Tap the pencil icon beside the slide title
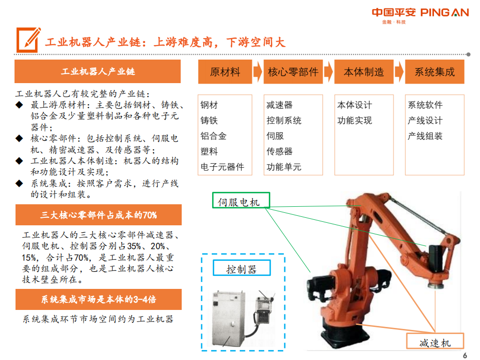[28, 40]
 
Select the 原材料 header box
[225, 72]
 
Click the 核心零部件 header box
[293, 72]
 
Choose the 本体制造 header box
[363, 72]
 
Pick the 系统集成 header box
[434, 72]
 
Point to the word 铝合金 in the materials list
[213, 136]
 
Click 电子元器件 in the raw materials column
[222, 167]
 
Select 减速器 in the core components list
[279, 105]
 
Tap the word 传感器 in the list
[279, 151]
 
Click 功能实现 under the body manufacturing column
[354, 121]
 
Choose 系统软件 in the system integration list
[425, 105]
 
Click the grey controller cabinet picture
[230, 315]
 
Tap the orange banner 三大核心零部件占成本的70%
[98, 215]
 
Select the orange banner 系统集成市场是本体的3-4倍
[98, 299]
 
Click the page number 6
[464, 355]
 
